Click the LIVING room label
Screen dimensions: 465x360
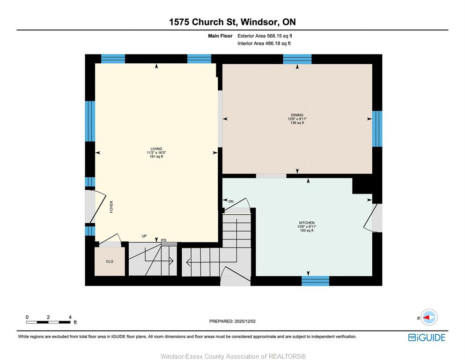point(156,149)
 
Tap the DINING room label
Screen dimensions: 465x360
point(297,115)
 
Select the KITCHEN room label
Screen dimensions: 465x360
point(307,223)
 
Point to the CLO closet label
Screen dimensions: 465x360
point(110,262)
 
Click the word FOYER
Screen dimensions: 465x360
point(111,207)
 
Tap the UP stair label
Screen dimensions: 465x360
point(144,236)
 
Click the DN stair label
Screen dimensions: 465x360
point(231,202)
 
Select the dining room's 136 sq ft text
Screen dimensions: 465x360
point(297,122)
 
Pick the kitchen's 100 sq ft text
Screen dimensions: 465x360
point(307,230)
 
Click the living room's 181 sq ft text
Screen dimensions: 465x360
point(156,157)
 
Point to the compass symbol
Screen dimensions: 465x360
point(429,317)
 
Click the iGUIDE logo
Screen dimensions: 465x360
point(427,337)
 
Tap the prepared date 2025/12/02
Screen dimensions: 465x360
point(245,321)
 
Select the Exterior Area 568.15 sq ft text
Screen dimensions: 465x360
point(265,36)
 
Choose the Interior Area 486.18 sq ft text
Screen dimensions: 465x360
point(264,43)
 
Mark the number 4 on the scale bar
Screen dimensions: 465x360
point(70,317)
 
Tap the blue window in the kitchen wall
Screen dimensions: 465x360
point(315,281)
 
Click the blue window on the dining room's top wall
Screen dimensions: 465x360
point(297,59)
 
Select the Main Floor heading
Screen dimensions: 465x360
point(220,36)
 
